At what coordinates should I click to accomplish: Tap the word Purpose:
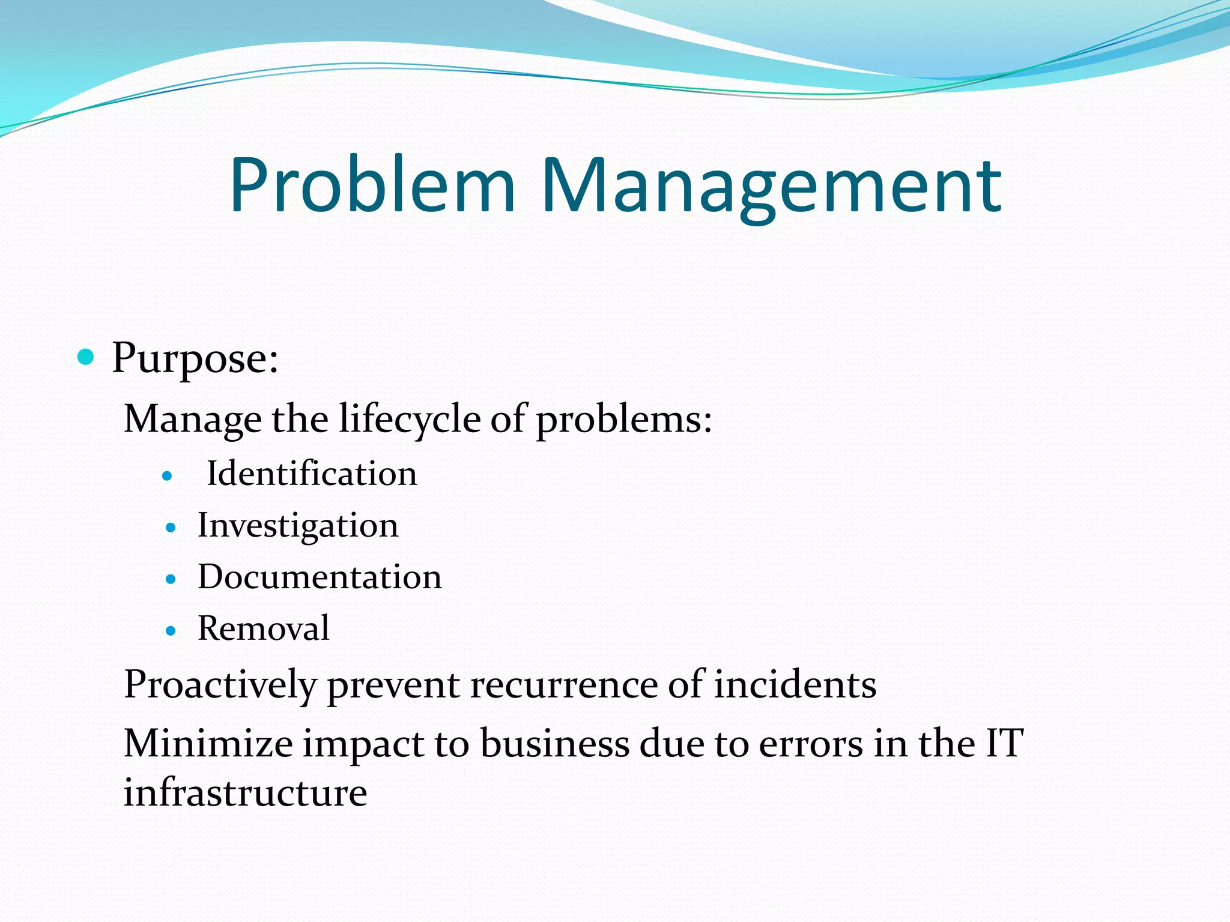click(195, 359)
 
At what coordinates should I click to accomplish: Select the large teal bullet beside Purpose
click(86, 357)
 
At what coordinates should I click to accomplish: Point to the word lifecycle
click(410, 418)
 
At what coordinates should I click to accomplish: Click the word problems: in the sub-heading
click(624, 420)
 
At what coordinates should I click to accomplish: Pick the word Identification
click(312, 474)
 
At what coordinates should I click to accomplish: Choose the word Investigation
click(298, 526)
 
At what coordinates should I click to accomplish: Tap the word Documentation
click(320, 577)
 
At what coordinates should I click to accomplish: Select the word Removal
click(264, 628)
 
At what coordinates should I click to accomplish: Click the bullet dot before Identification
click(168, 477)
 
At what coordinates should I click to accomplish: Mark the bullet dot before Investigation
click(171, 528)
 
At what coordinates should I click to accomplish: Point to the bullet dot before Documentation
click(171, 580)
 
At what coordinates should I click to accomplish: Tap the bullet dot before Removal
click(171, 631)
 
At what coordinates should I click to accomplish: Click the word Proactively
click(220, 685)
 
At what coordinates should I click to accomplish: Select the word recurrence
click(564, 685)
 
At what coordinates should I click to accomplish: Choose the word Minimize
click(208, 743)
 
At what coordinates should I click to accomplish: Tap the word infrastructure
click(245, 792)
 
